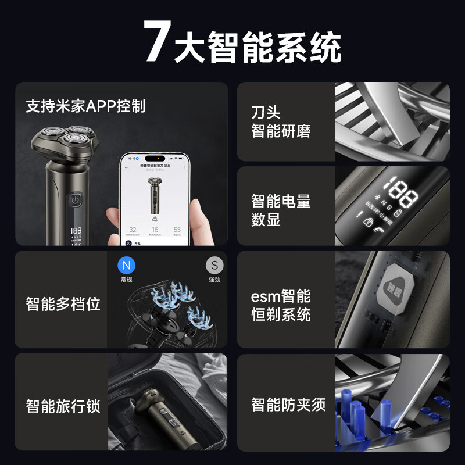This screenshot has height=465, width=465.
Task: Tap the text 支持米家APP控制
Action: point(85,106)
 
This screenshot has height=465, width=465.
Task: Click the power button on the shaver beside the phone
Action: point(76,201)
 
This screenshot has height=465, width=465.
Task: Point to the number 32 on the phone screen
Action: point(133,230)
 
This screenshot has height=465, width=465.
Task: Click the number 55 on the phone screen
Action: point(177,230)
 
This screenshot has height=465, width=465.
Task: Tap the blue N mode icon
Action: point(126,266)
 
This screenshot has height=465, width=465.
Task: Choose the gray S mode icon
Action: point(214,266)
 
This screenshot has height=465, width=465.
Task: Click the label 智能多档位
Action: point(63,303)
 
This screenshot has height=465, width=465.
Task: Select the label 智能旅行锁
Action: point(63,405)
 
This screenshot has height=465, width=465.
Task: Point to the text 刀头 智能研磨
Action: point(281,121)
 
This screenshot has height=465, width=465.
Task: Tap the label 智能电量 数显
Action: point(281,210)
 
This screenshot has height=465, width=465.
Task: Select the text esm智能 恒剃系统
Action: point(281,305)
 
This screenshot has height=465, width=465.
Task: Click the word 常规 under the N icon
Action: point(126,280)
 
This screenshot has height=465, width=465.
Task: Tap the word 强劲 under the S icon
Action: point(214,280)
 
